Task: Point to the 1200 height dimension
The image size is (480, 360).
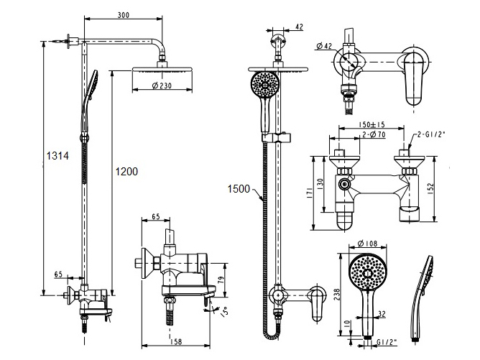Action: pos(126,172)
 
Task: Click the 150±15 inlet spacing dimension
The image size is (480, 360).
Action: pos(371,124)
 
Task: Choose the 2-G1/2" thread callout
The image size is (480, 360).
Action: pos(433,134)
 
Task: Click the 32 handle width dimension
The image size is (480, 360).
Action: pos(382,313)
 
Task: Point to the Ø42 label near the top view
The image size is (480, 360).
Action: pos(324,47)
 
